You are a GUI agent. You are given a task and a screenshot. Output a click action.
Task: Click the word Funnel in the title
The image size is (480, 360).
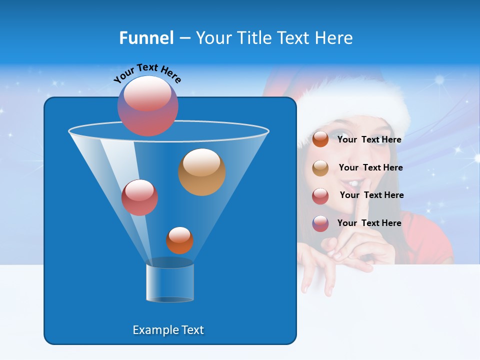(x=146, y=38)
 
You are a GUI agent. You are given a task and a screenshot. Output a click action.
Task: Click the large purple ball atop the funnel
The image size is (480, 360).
(x=148, y=105)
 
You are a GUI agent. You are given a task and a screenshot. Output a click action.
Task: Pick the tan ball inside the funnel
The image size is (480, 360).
(x=202, y=172)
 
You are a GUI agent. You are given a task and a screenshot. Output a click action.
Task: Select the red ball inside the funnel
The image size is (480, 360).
(x=139, y=197)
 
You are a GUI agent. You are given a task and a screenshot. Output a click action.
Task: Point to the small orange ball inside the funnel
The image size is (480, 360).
(x=179, y=240)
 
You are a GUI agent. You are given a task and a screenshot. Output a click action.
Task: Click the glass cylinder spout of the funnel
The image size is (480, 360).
(x=170, y=281)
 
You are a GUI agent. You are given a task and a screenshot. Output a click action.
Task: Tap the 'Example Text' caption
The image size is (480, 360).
(x=168, y=330)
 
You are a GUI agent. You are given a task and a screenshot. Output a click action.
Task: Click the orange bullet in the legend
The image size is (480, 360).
(x=320, y=139)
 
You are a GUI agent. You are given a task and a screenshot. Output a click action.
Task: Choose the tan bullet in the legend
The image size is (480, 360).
(x=320, y=168)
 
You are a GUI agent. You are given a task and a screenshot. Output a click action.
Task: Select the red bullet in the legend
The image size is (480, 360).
(x=320, y=196)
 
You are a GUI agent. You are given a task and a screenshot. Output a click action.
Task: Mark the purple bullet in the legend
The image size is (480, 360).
(x=320, y=223)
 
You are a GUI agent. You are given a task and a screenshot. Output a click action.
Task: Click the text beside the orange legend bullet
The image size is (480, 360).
(x=369, y=139)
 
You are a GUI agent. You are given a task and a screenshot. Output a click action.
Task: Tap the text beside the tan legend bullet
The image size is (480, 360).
(x=370, y=167)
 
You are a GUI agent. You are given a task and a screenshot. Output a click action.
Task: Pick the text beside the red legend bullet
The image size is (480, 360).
(x=371, y=195)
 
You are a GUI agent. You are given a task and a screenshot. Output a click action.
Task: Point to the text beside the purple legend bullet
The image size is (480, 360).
(x=369, y=223)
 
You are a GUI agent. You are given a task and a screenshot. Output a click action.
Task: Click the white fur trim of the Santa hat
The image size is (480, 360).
(x=360, y=107)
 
